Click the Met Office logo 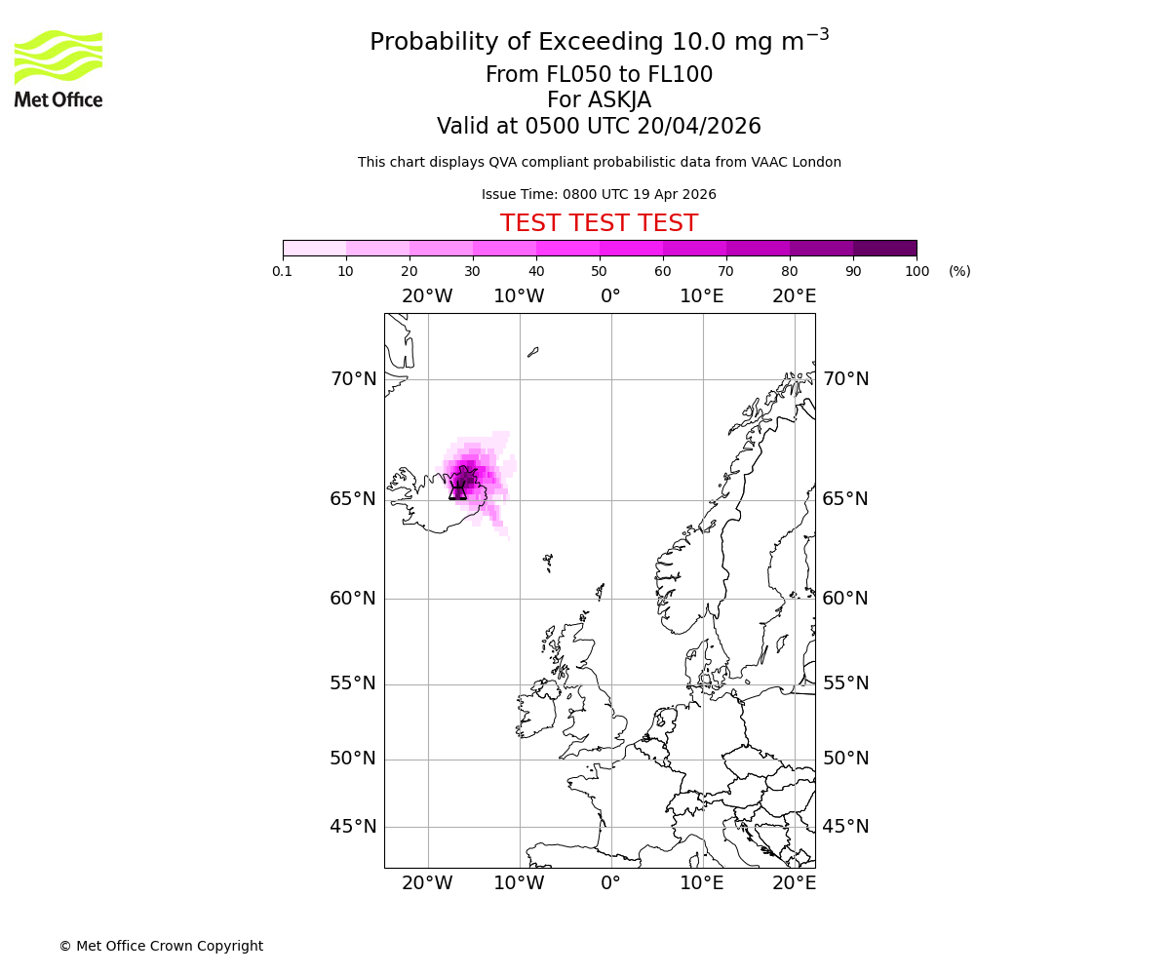(x=58, y=68)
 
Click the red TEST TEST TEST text (x=599, y=223)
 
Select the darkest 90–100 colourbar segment (x=884, y=248)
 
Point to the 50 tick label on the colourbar (x=599, y=271)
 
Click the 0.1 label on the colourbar (x=283, y=271)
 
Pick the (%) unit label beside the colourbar (x=959, y=271)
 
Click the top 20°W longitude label (x=427, y=296)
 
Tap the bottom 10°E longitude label (x=702, y=883)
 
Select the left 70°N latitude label (x=353, y=379)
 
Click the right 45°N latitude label (x=845, y=827)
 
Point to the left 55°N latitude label (x=353, y=683)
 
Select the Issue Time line (x=599, y=194)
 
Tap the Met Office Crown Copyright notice (x=161, y=946)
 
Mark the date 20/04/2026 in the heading (x=698, y=127)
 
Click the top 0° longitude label (x=610, y=296)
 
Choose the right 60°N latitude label (x=845, y=599)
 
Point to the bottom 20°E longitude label (x=794, y=883)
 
